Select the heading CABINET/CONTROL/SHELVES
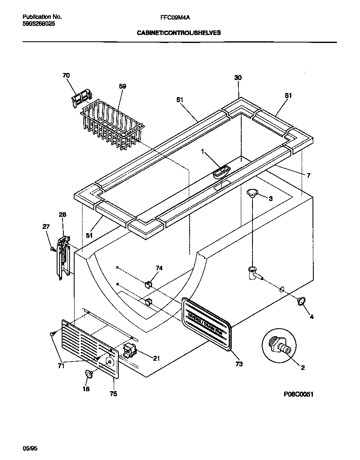[x=179, y=32]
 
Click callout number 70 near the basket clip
[x=66, y=75]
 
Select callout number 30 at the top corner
[x=238, y=78]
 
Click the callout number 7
[x=308, y=176]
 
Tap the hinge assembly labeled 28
[x=62, y=258]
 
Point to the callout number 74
[x=159, y=268]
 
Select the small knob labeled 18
[x=89, y=373]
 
